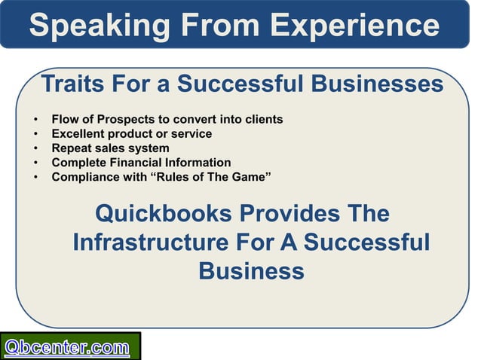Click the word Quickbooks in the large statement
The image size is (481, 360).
click(x=163, y=214)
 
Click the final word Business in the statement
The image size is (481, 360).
click(x=251, y=270)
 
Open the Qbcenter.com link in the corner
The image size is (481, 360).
click(x=68, y=347)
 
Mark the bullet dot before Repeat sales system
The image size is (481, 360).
click(x=35, y=148)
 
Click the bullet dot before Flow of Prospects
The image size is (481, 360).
click(x=35, y=120)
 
